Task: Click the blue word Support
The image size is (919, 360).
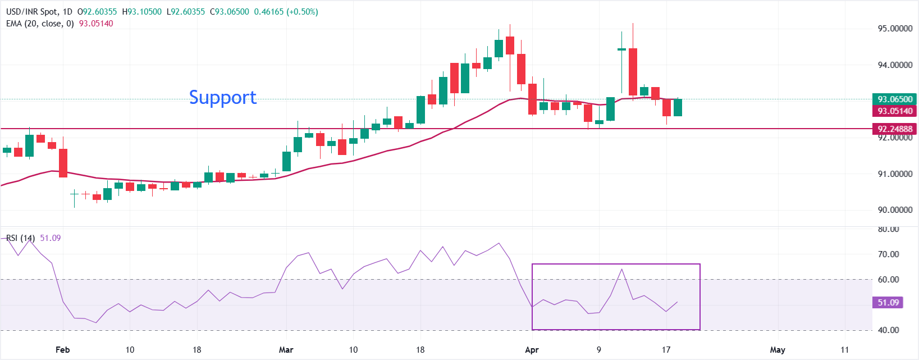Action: (223, 97)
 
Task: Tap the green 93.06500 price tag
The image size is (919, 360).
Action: (895, 99)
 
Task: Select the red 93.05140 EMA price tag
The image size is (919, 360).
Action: (895, 111)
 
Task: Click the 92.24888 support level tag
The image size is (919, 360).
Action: (895, 129)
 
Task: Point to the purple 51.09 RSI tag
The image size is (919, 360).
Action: (888, 303)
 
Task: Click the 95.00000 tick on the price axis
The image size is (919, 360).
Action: (895, 29)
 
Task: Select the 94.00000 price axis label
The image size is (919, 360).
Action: (895, 65)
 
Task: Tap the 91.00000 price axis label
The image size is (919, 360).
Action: (895, 174)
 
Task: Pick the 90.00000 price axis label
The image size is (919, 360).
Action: (895, 210)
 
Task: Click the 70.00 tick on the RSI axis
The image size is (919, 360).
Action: (888, 254)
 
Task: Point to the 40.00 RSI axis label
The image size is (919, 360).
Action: (888, 330)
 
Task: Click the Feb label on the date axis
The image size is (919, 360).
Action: (63, 350)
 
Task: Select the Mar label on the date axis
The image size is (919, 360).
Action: (286, 350)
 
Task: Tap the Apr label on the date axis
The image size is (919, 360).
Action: (532, 350)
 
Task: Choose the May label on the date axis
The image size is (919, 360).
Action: (778, 350)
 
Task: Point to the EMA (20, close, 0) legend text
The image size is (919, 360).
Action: (40, 24)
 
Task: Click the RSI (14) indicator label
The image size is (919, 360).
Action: (21, 238)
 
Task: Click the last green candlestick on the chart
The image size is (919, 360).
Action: (678, 107)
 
